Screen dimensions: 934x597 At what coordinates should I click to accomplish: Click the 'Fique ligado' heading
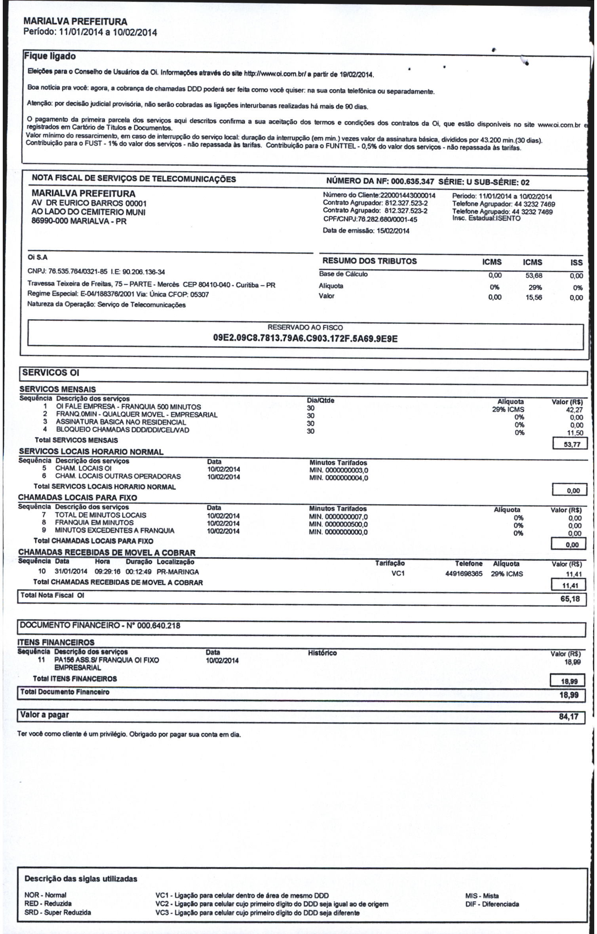50,56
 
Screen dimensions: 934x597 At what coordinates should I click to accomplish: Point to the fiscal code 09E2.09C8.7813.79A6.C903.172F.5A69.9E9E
305,339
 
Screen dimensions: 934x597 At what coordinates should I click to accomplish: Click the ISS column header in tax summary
576,262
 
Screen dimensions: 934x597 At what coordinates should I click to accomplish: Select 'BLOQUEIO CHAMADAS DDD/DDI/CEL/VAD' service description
122,430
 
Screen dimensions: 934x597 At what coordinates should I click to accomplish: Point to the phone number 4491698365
464,574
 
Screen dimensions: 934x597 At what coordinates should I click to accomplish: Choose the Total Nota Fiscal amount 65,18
570,599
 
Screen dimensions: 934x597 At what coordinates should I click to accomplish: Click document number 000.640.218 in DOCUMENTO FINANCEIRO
158,626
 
